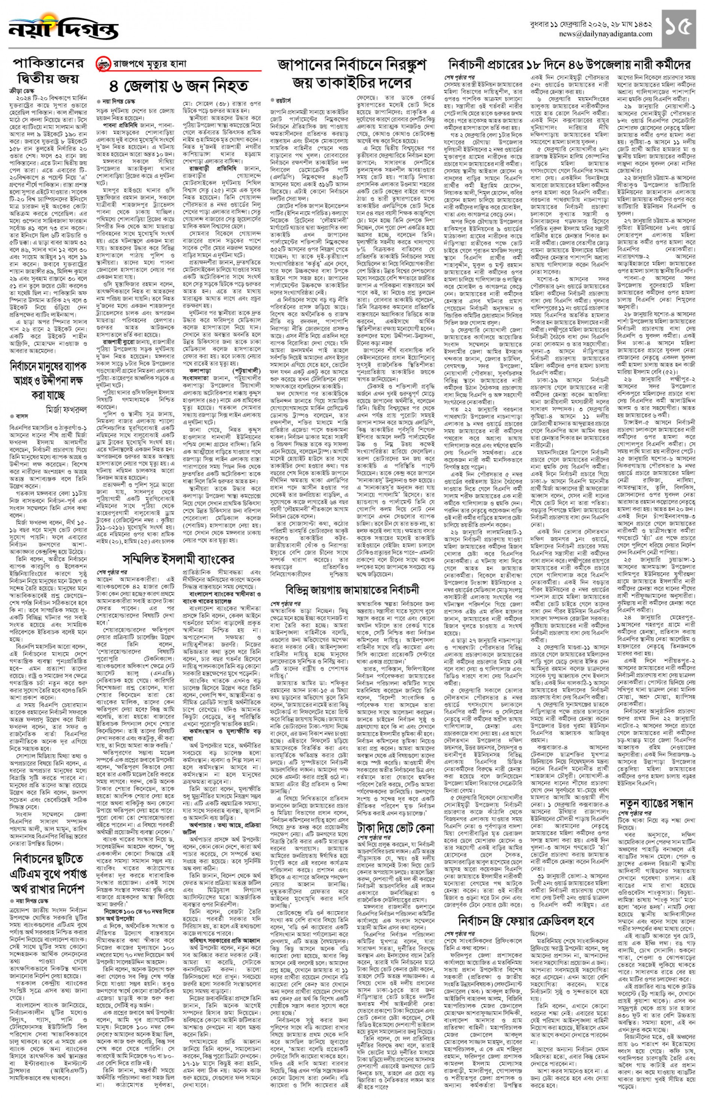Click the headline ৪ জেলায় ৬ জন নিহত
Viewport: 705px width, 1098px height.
[x=178, y=86]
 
